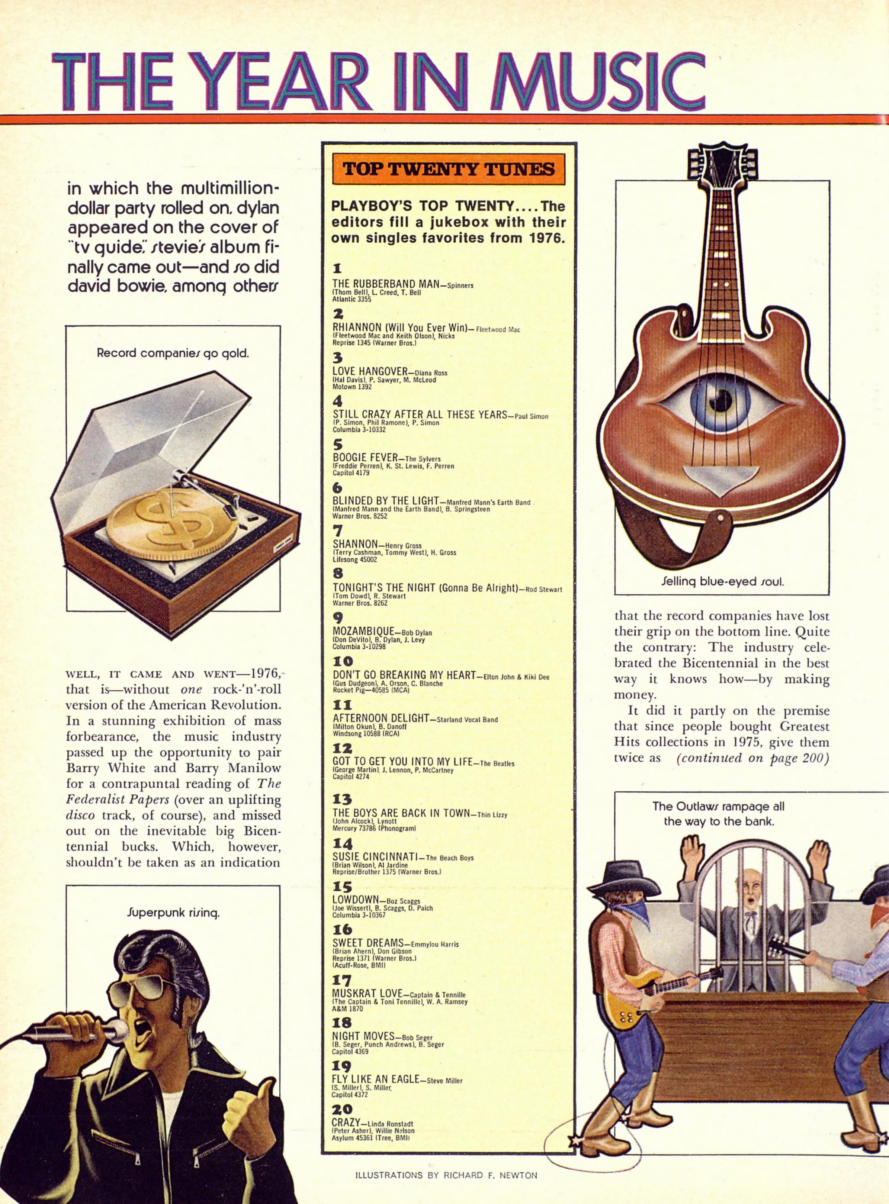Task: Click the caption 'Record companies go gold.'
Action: [173, 354]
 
